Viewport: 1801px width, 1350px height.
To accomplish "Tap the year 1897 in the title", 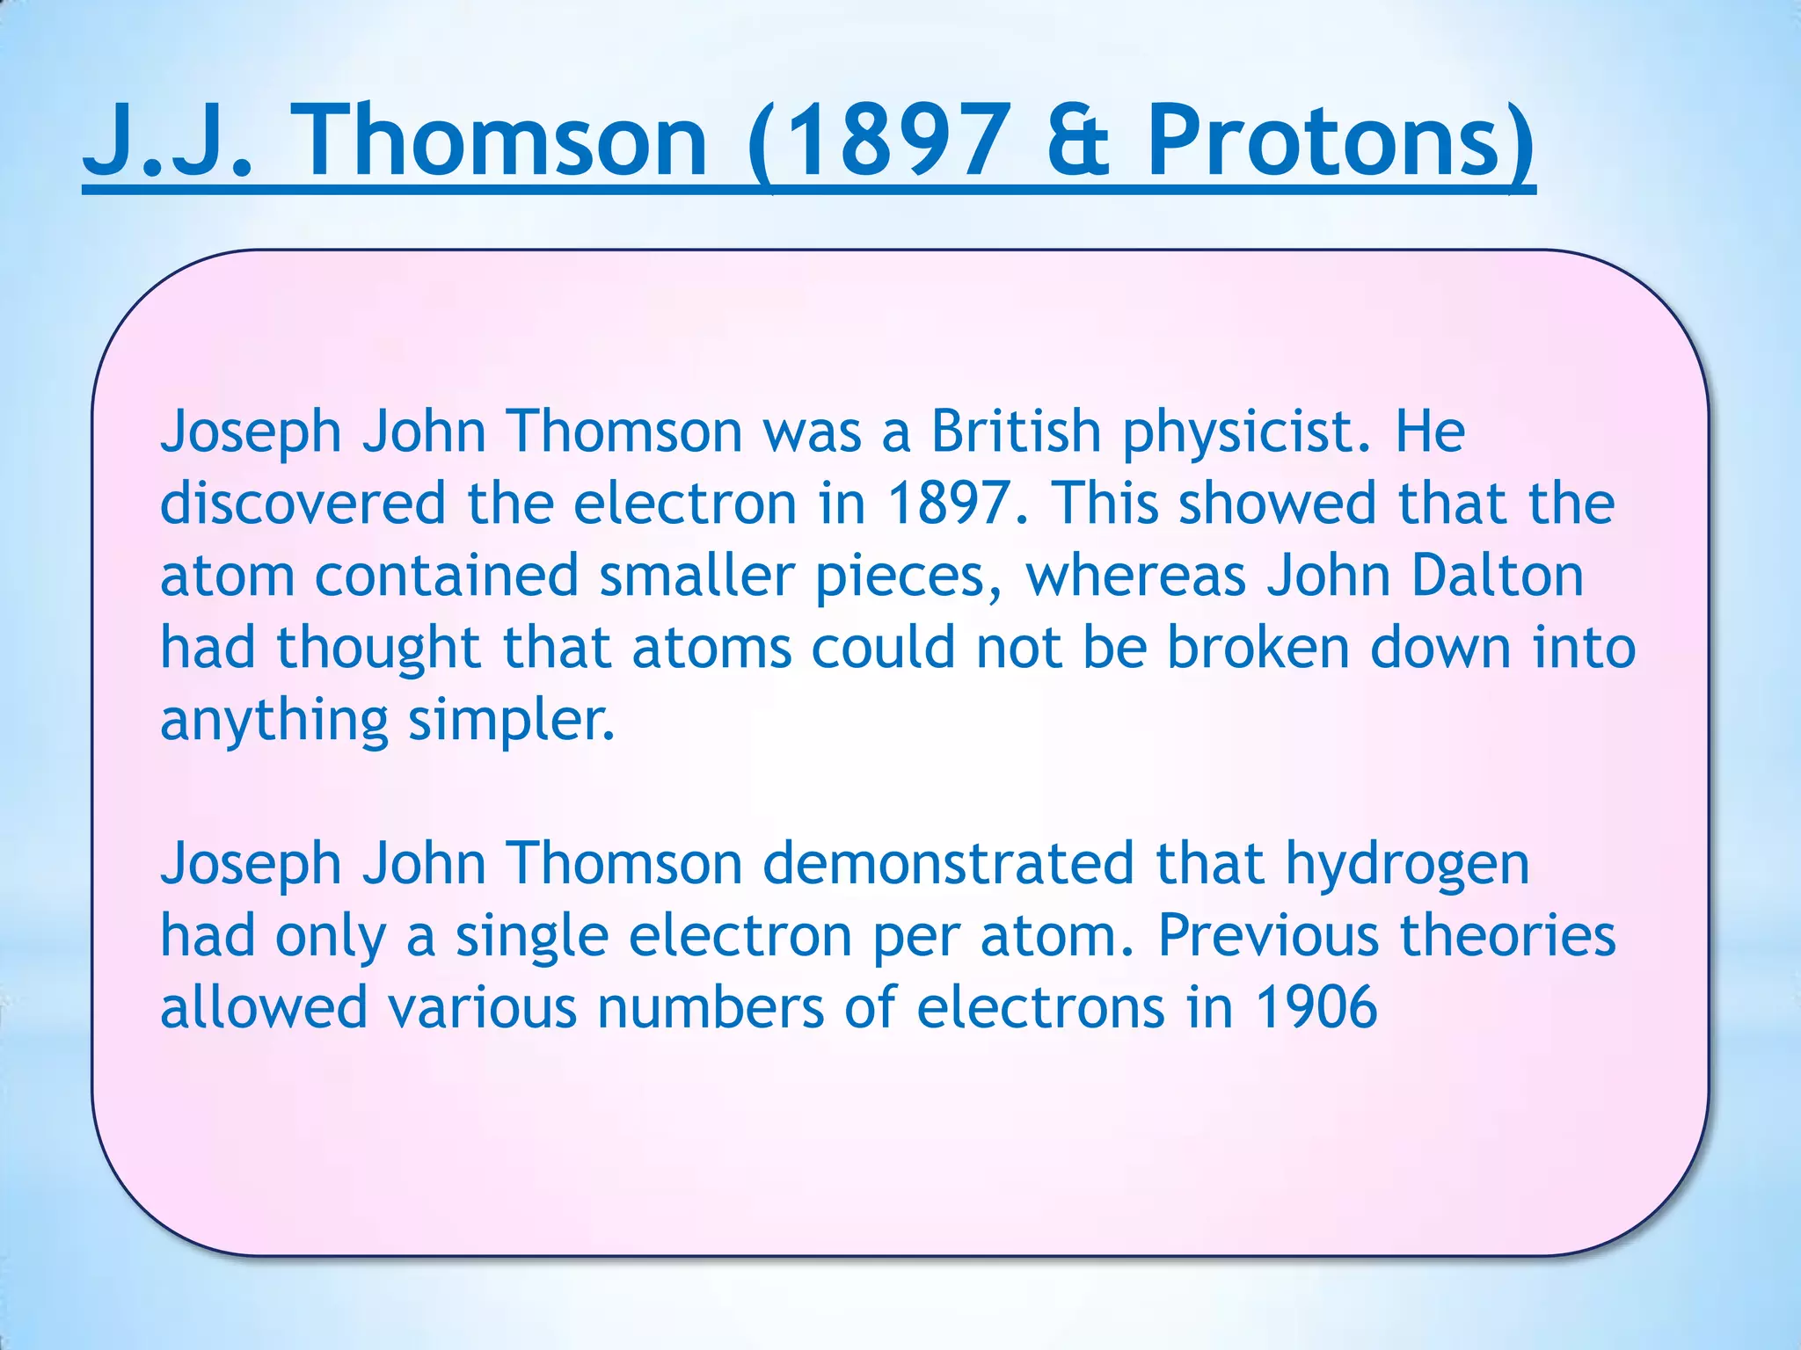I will tap(888, 141).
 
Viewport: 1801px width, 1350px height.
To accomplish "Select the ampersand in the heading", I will tap(1077, 141).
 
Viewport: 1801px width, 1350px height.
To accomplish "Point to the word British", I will tap(1016, 432).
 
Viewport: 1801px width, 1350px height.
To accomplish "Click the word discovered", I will tap(303, 504).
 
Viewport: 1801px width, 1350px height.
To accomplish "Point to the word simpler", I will tap(511, 722).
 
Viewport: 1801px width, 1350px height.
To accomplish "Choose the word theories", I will tap(1508, 936).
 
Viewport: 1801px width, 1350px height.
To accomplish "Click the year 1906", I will tap(1316, 1008).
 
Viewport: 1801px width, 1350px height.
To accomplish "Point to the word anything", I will tap(273, 722).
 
